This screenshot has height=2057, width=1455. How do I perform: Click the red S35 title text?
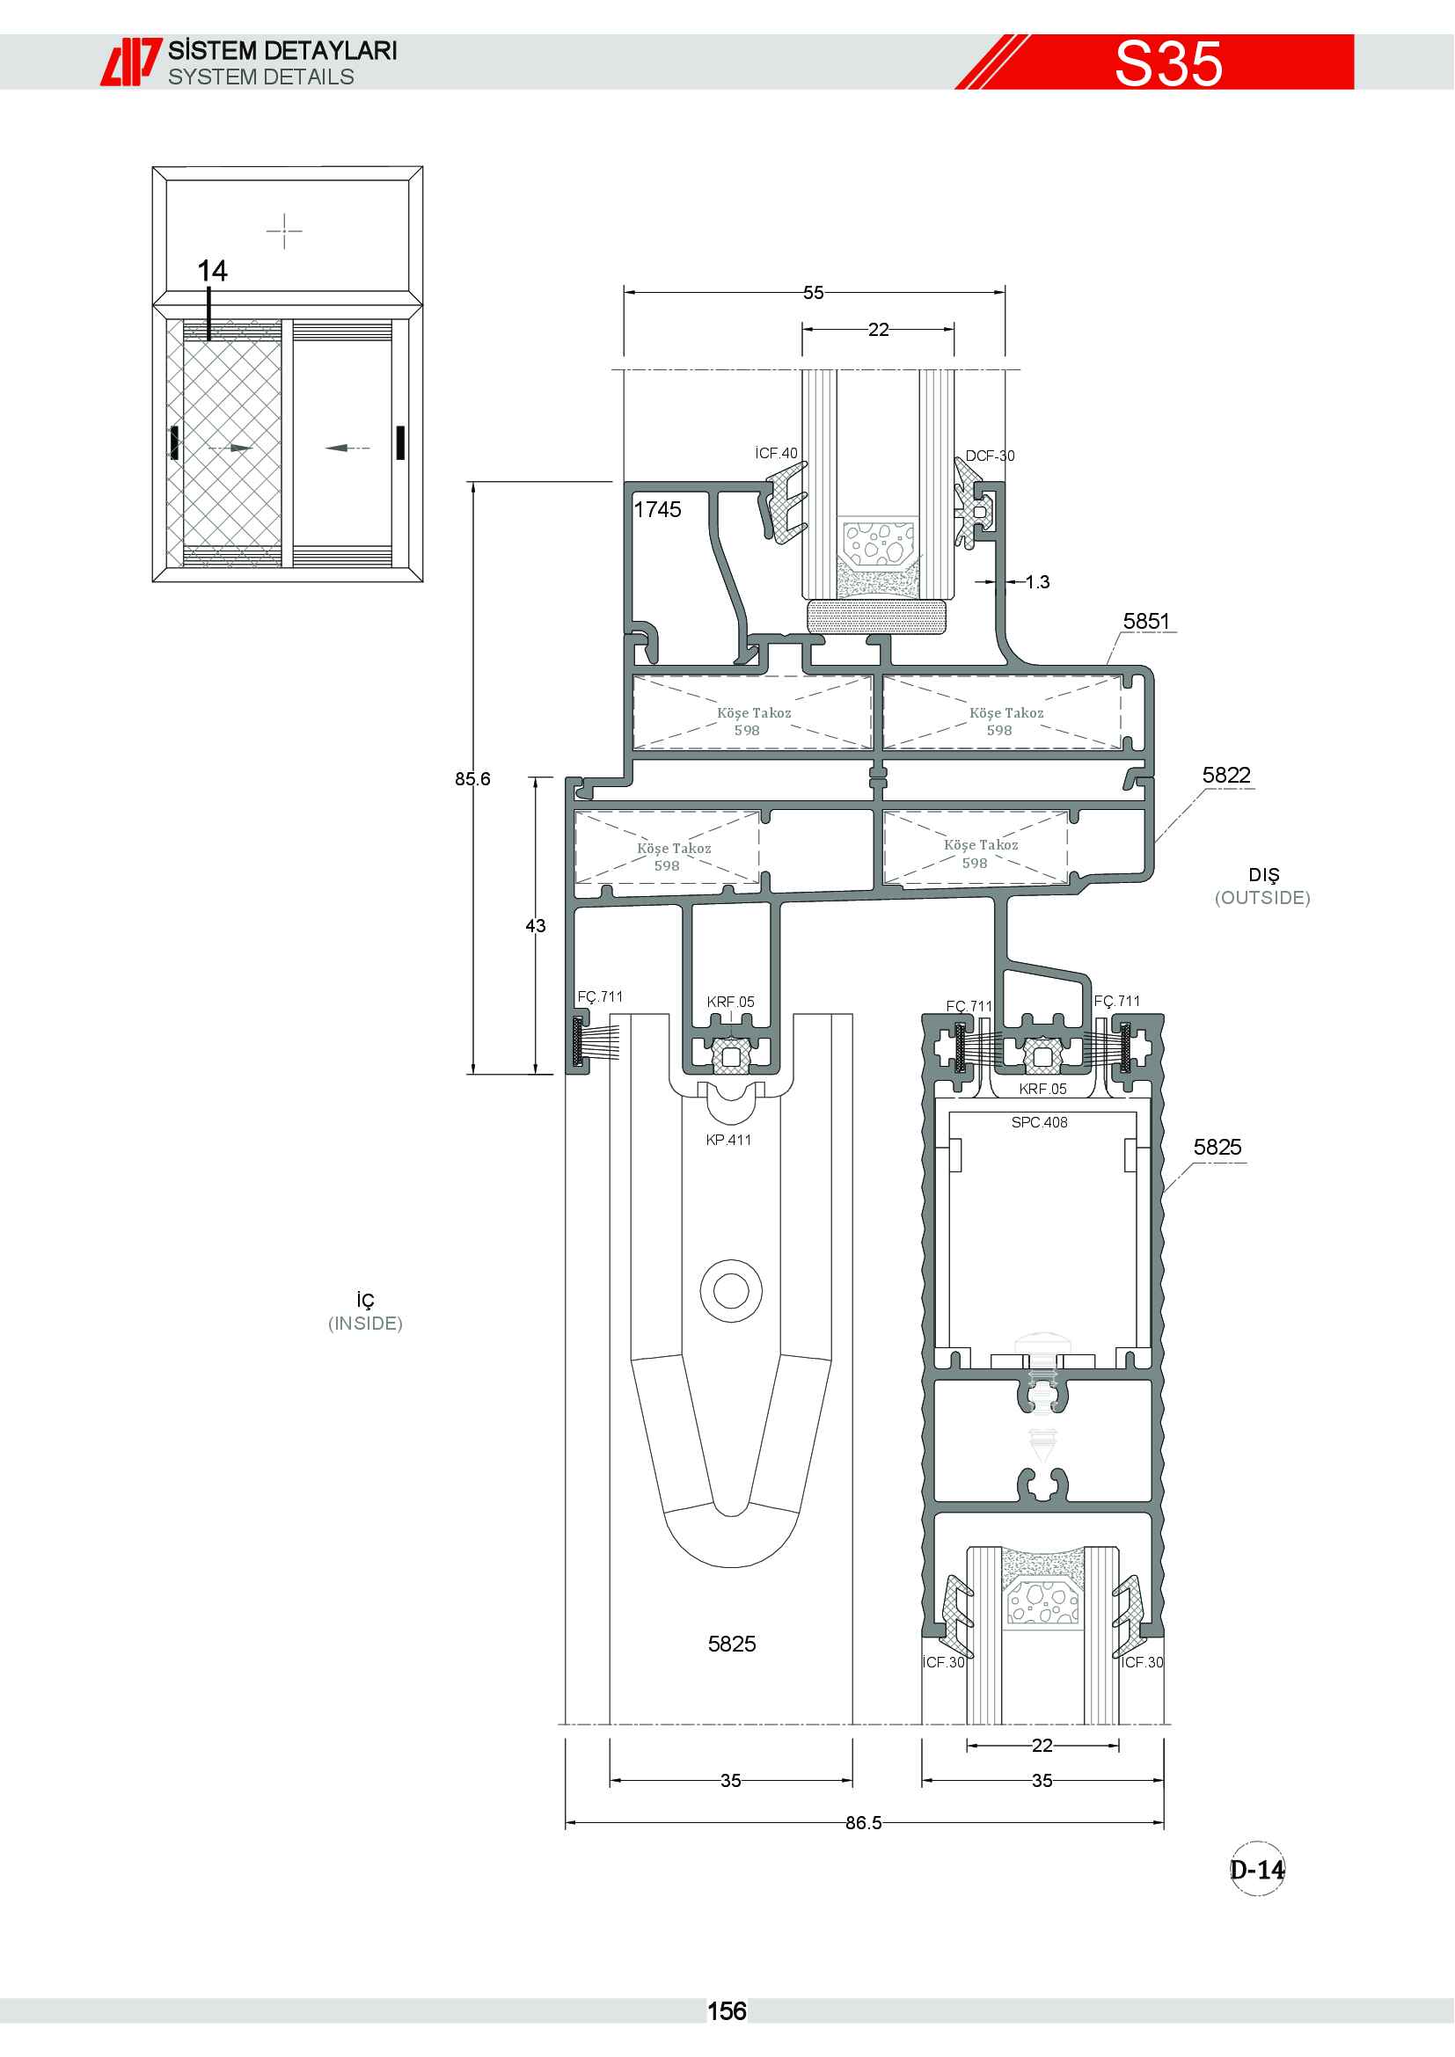pos(1168,62)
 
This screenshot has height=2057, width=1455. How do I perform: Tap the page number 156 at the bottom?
pos(727,2011)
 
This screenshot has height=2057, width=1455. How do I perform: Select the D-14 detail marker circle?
pos(1257,1869)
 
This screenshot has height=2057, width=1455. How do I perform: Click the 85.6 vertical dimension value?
pos(472,778)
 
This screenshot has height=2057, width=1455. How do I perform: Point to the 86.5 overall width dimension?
pos(864,1822)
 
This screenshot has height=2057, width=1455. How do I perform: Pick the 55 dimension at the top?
pos(814,293)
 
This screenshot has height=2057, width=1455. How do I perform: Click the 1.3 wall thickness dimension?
pos(1037,582)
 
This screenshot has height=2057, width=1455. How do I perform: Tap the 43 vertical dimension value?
pos(536,925)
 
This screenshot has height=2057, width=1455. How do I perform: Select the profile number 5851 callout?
pos(1146,621)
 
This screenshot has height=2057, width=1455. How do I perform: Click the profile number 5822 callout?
pos(1225,775)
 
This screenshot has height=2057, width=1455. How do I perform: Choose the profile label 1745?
pos(658,510)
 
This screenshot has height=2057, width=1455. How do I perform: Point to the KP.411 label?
pos(728,1140)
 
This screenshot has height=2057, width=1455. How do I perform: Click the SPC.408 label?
pos(1039,1122)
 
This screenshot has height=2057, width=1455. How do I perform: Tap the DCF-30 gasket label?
pos(990,456)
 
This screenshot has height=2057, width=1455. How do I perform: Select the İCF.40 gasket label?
pos(776,453)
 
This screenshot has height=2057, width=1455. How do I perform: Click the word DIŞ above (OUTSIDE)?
pos(1264,875)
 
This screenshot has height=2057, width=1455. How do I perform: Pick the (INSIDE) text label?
pos(366,1324)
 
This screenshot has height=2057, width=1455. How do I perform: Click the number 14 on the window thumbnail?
pos(212,271)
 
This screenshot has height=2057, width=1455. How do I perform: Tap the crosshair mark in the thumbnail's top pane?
pos(284,230)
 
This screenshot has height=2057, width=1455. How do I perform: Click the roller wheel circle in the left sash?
pos(731,1291)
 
